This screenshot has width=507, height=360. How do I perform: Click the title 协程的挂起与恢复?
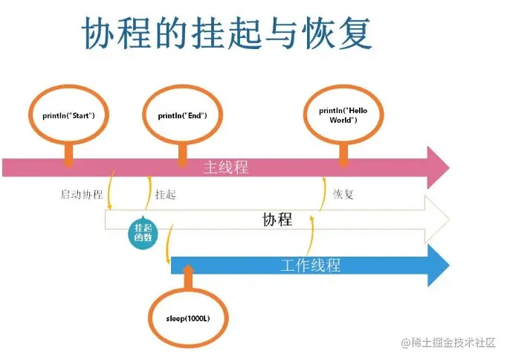click(227, 33)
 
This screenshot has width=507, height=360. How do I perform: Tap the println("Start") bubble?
click(69, 116)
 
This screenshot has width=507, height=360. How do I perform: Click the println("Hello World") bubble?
click(343, 115)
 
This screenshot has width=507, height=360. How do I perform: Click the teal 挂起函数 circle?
click(143, 232)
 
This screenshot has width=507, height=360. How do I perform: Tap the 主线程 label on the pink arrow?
click(226, 167)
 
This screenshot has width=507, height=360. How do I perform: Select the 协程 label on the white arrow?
click(277, 220)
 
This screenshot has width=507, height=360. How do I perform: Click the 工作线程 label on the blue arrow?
click(311, 265)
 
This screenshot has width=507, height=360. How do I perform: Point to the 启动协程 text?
click(81, 195)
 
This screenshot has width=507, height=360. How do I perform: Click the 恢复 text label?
click(343, 195)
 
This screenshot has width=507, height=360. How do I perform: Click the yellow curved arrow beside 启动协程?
click(111, 191)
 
